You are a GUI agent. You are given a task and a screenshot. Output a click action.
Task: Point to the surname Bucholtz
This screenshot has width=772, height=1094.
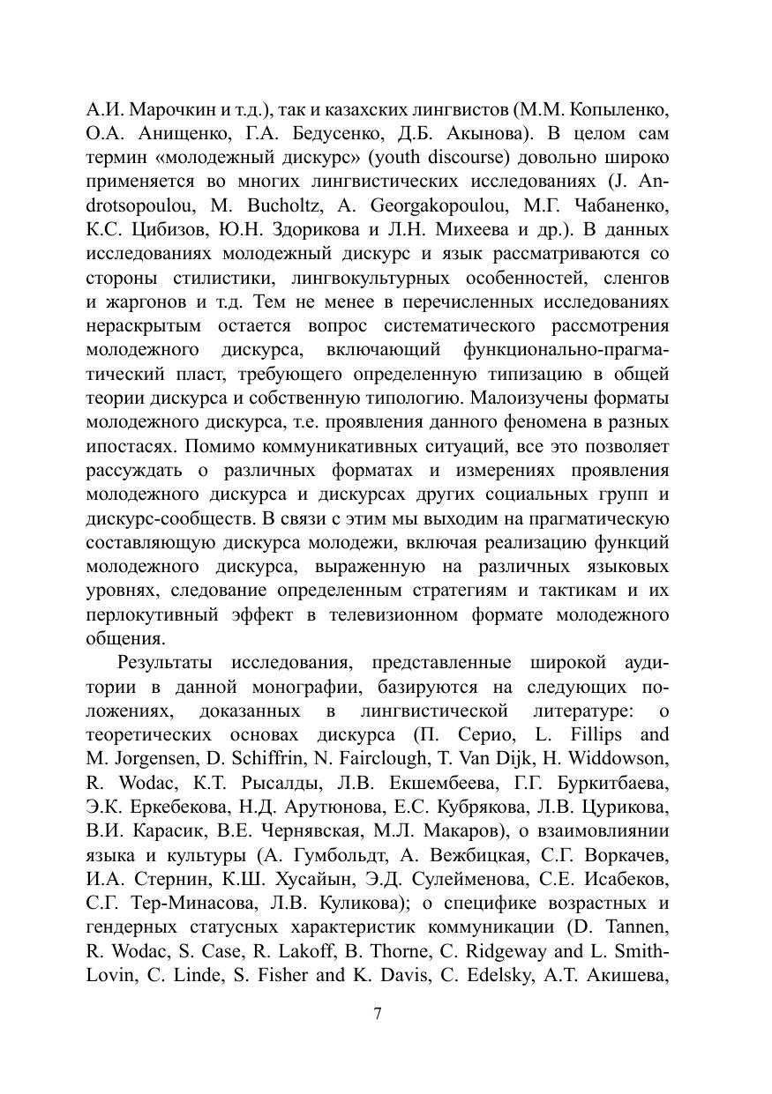(258, 207)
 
